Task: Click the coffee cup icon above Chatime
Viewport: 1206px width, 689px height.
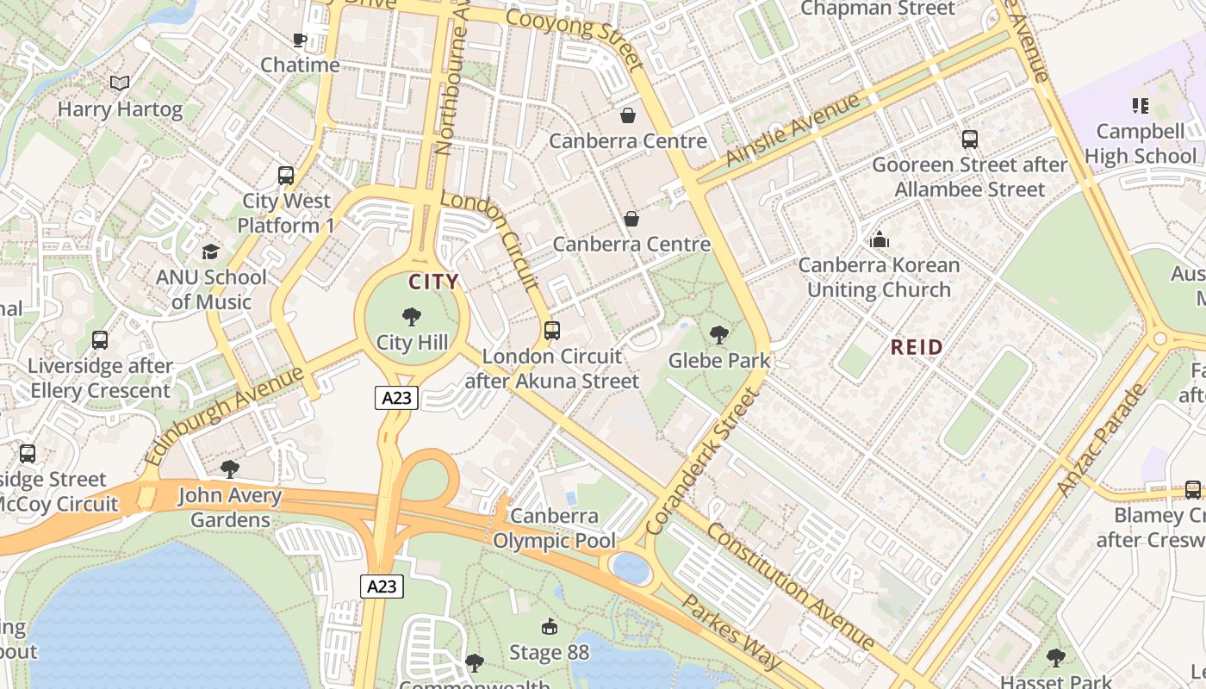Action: (x=299, y=40)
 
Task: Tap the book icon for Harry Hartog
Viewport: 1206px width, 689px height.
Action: (x=120, y=84)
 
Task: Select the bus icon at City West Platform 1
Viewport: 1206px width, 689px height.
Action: (x=286, y=176)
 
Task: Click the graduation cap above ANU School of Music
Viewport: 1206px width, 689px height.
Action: (x=210, y=251)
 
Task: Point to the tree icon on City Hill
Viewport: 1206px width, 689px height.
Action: (x=412, y=317)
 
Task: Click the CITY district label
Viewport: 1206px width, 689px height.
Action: (x=433, y=282)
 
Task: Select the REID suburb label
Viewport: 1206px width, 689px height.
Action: (x=917, y=347)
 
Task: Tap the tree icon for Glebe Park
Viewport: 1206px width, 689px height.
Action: (x=718, y=334)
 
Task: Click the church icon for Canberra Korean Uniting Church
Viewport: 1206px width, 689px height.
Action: (x=879, y=239)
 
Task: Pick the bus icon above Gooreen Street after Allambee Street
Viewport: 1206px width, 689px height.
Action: (x=969, y=139)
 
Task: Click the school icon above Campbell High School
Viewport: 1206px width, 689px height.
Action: (x=1141, y=106)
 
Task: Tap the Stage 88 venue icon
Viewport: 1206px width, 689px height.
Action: (x=549, y=626)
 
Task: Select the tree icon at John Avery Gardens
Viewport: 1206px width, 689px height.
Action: (x=229, y=469)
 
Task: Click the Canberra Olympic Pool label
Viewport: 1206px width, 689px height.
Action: (x=554, y=528)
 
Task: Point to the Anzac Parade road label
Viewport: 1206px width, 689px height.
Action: (x=1102, y=440)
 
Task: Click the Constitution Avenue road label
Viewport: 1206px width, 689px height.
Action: (x=791, y=586)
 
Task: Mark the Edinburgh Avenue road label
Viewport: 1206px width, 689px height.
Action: (x=227, y=414)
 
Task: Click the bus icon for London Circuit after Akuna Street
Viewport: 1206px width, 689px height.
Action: (x=552, y=330)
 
